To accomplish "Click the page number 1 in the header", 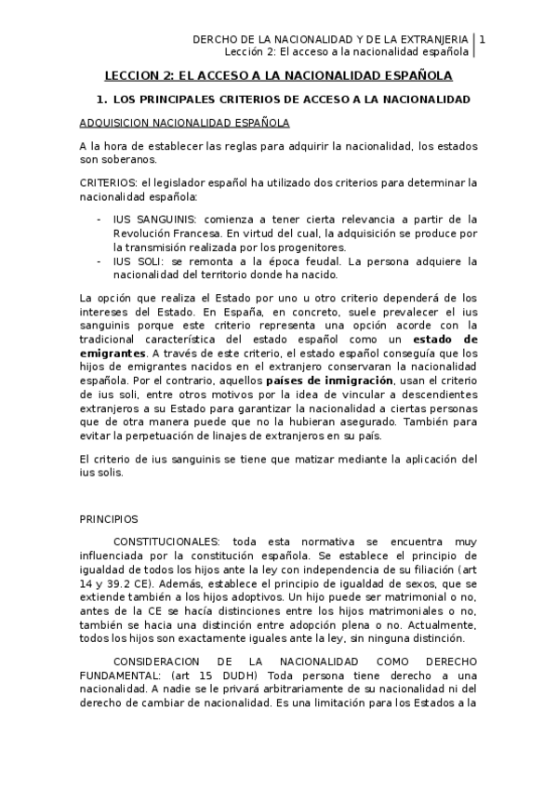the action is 482,39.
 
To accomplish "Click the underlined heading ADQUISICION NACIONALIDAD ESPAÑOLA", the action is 184,123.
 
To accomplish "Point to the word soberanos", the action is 130,159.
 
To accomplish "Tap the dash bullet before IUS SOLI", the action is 99,261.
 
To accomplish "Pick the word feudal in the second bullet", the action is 348,261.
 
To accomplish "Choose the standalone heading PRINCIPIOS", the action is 108,518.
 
